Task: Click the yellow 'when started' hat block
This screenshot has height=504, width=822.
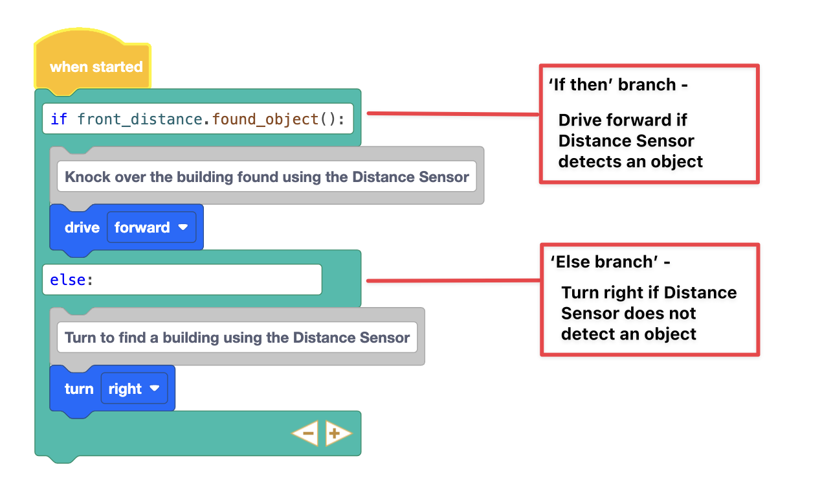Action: pos(95,67)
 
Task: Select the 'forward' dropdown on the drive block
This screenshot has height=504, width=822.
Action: pos(151,227)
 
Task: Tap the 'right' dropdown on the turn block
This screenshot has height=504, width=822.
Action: pos(134,389)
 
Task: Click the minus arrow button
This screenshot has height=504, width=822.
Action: pos(305,433)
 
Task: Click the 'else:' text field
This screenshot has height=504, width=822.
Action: pos(181,280)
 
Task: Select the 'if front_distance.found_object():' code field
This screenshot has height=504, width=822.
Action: pos(197,119)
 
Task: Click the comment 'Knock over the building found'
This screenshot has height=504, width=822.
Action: pos(267,177)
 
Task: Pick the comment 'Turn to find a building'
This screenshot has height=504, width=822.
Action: pos(237,338)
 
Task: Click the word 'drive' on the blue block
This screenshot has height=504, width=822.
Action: pos(82,227)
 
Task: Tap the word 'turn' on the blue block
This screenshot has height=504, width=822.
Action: pos(79,389)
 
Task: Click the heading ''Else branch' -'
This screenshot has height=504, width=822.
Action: pos(610,262)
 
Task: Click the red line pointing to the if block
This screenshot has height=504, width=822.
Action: pos(453,114)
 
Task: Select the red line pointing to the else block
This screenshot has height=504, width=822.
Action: pos(453,281)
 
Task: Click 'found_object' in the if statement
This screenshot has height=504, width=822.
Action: pos(265,119)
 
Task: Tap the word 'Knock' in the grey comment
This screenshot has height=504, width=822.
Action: pos(87,177)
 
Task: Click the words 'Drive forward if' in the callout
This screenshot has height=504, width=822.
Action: pos(623,120)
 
